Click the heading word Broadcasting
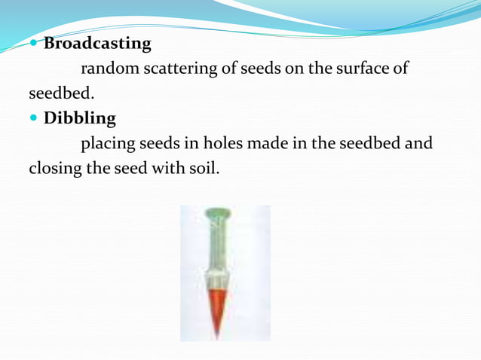point(97,44)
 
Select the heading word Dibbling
point(80,118)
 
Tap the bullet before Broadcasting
point(35,44)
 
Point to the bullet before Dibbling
point(35,118)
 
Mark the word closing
point(54,168)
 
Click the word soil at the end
point(204,168)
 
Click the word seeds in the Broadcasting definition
point(260,69)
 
